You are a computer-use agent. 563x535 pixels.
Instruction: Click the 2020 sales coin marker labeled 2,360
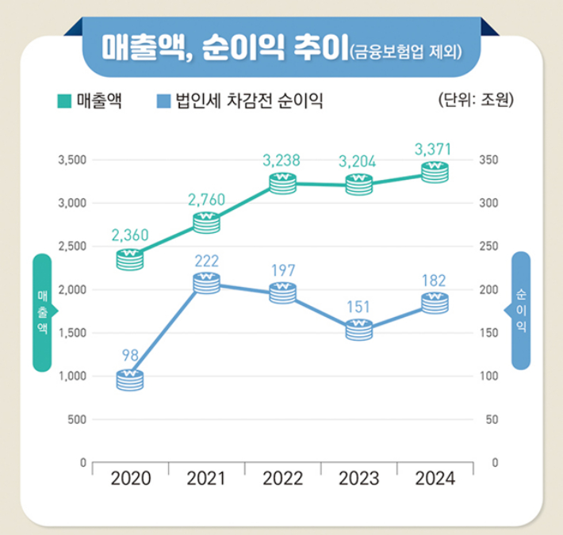[130, 258]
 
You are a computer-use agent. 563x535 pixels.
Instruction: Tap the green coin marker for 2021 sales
[207, 222]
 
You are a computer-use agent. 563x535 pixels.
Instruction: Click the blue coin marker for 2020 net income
[130, 380]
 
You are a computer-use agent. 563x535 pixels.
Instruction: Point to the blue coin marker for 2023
[359, 329]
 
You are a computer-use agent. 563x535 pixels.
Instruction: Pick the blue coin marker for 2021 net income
[207, 282]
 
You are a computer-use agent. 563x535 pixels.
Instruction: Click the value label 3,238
[281, 161]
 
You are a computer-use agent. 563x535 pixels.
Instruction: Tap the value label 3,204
[358, 162]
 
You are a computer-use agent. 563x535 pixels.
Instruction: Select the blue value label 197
[283, 271]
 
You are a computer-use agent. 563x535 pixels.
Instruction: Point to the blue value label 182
[435, 280]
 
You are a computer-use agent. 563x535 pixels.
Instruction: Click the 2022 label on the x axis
[283, 479]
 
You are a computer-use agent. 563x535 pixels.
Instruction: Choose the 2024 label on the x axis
[435, 479]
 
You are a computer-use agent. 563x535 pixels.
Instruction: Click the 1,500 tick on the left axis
[70, 333]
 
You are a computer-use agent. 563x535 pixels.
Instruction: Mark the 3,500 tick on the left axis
[70, 161]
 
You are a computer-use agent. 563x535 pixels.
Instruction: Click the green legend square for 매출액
[63, 101]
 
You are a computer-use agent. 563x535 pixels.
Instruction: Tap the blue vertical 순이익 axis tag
[519, 310]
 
